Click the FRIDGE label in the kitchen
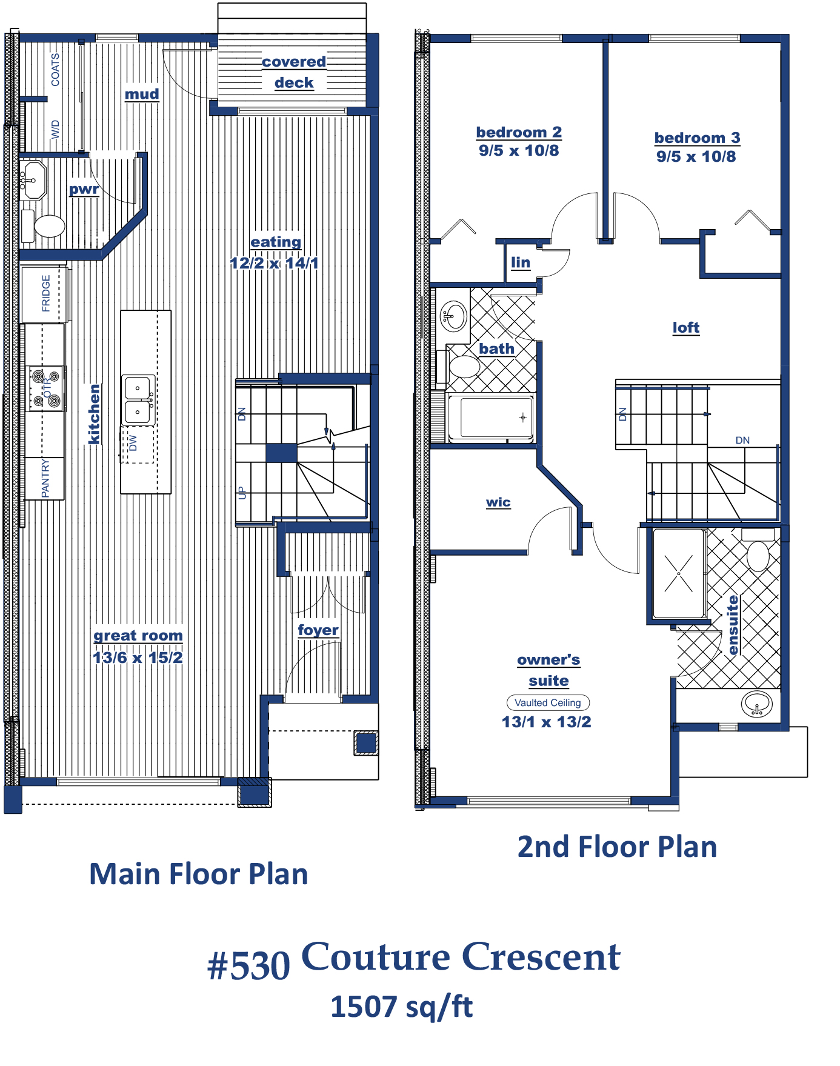point(46,293)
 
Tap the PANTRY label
point(45,478)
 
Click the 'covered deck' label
point(294,72)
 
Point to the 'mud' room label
point(142,94)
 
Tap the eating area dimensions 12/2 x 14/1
point(274,263)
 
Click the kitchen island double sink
point(139,399)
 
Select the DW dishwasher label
point(133,443)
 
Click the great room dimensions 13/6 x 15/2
point(138,658)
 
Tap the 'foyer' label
point(318,630)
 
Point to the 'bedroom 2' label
point(519,132)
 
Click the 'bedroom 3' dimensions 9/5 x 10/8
point(696,156)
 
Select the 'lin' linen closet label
point(521,262)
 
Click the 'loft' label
point(686,327)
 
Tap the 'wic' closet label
point(498,502)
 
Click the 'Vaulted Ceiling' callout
point(548,703)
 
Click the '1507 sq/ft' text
point(401,1007)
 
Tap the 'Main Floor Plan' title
point(199,874)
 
